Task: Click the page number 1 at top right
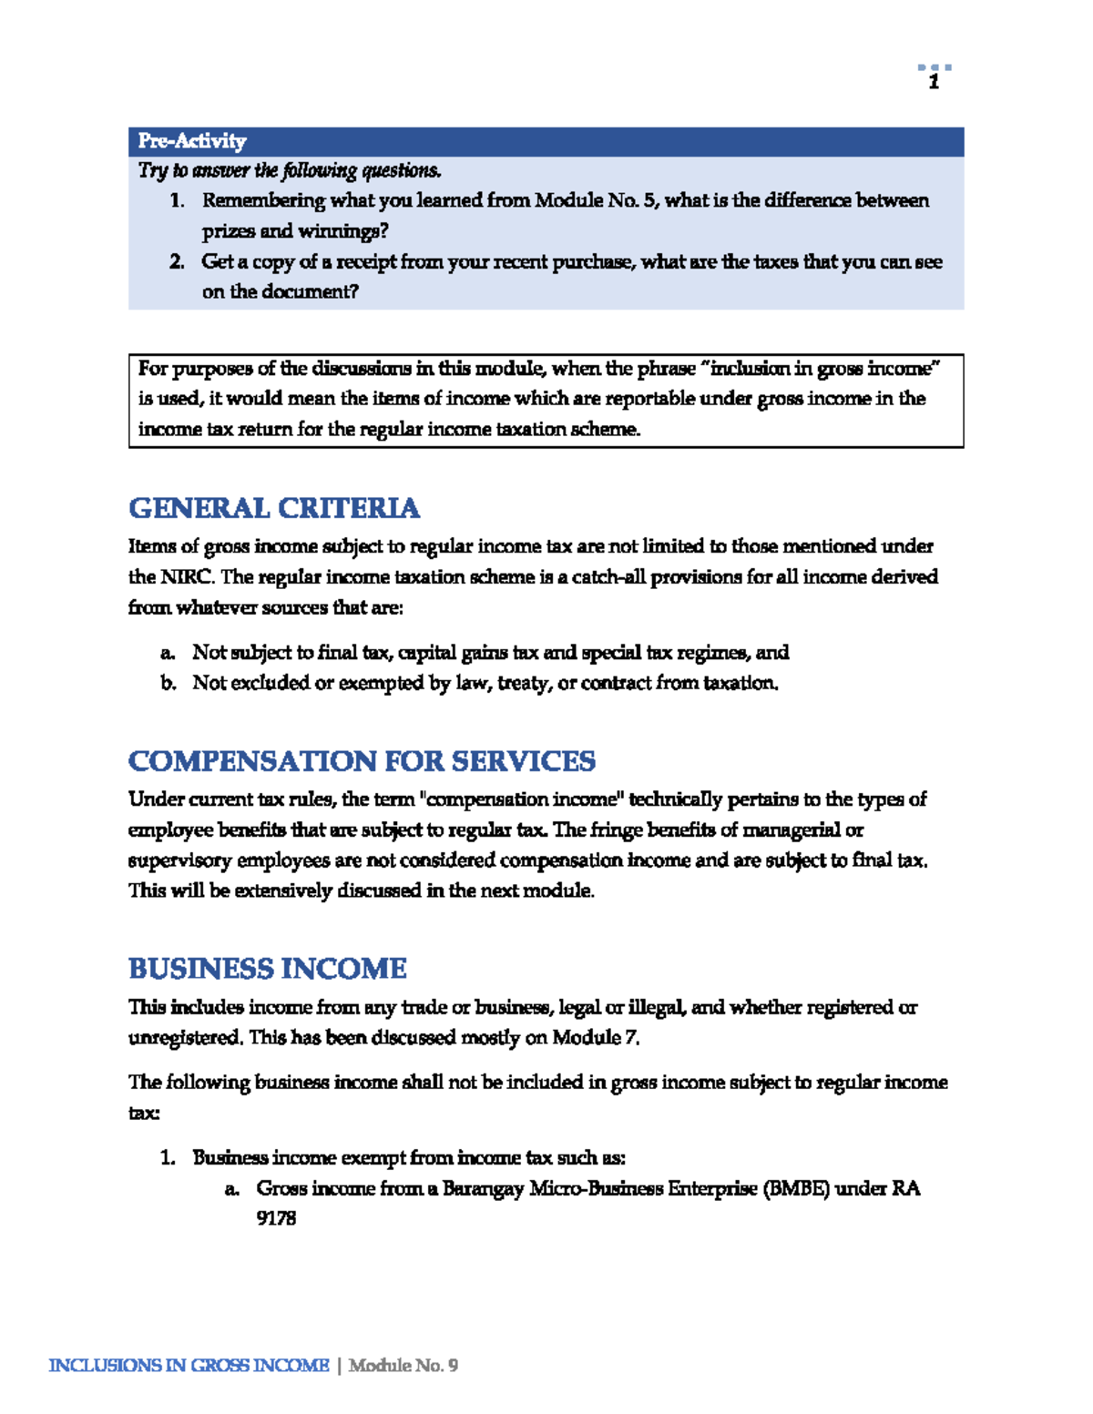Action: (x=934, y=83)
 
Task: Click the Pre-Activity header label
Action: (x=192, y=141)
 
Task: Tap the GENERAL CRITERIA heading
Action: (x=273, y=508)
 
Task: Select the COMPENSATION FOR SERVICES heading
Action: (x=362, y=761)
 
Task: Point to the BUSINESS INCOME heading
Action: (x=267, y=969)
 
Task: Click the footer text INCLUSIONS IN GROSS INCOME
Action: (x=189, y=1366)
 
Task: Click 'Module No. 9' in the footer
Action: (x=403, y=1366)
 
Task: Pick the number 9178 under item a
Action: (x=276, y=1218)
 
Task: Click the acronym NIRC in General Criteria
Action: (x=188, y=577)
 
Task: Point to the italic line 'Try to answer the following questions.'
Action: (x=290, y=171)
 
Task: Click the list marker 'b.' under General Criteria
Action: (x=168, y=683)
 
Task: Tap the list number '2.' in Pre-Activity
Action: (x=177, y=262)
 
